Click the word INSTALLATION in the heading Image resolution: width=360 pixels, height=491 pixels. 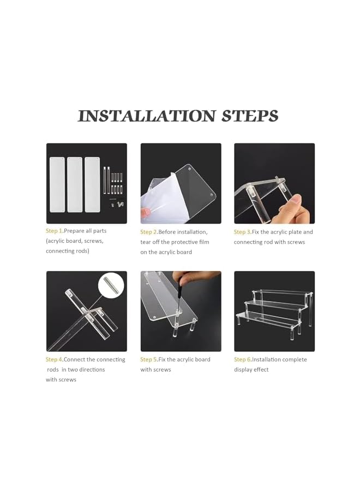(147, 116)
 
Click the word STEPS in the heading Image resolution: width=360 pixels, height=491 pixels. (250, 116)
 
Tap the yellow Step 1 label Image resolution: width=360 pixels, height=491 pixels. (55, 231)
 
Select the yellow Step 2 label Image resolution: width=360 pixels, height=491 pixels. (149, 232)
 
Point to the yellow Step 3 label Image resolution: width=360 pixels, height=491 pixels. (243, 232)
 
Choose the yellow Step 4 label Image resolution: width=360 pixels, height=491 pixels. (55, 360)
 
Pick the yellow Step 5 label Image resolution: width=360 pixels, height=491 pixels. (149, 360)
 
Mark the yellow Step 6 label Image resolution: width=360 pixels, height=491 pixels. (243, 360)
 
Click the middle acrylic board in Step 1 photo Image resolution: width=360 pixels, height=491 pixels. (75, 184)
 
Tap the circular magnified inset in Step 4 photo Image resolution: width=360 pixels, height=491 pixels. (111, 286)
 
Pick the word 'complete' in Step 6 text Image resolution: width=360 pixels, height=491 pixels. (293, 360)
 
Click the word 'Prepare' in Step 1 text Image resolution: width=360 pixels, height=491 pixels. (74, 231)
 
